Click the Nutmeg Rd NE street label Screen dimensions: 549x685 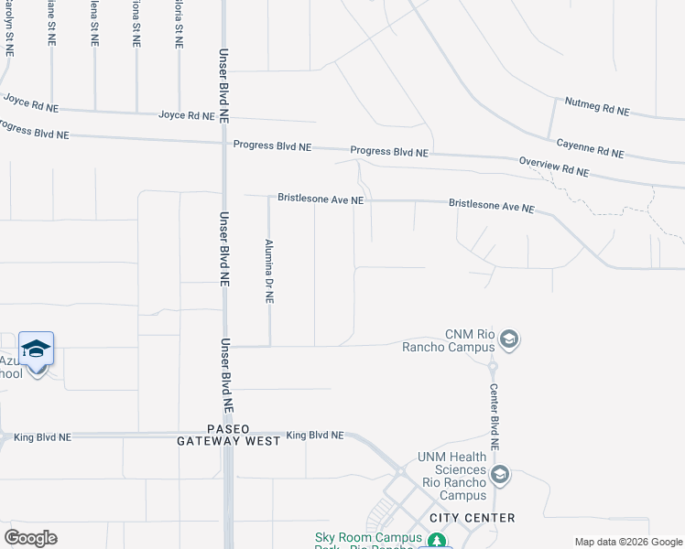coord(597,106)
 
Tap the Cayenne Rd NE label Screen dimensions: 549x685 coord(590,148)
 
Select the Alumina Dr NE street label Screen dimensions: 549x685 coord(269,272)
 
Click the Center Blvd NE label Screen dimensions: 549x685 coord(494,414)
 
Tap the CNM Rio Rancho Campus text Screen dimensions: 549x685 coord(450,339)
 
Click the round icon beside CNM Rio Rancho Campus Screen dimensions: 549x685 coord(510,340)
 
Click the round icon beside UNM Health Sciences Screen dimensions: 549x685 coord(500,475)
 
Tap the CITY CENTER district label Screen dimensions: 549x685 coord(472,518)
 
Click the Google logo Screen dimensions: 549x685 coord(30,537)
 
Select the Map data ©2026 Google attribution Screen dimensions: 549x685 coord(628,542)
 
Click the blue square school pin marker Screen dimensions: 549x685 coord(36,350)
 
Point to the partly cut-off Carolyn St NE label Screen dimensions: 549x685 coord(9,27)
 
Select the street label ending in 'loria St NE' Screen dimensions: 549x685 coord(179,24)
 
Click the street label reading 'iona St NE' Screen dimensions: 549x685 coord(137,24)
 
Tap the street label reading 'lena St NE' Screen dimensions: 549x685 coord(94,24)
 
